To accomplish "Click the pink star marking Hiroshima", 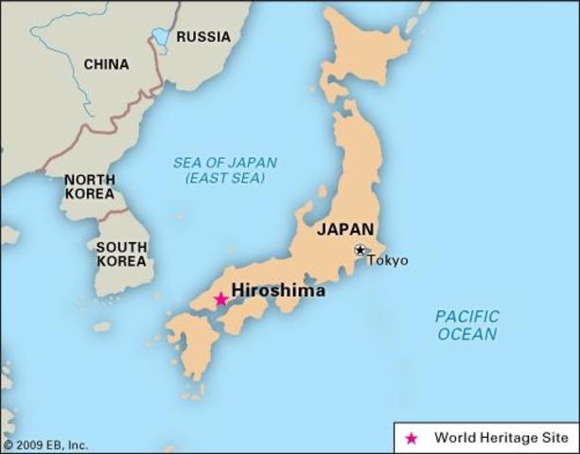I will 220,299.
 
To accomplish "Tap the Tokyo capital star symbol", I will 360,250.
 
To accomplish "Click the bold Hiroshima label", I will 278,291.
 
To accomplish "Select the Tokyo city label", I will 388,260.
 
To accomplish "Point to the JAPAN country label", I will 345,229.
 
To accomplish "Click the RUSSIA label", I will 203,37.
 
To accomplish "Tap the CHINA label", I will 107,64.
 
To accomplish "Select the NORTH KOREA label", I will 90,186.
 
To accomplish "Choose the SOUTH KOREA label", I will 121,254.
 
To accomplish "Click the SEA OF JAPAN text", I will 225,163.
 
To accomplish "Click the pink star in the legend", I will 411,438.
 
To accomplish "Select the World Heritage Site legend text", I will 501,438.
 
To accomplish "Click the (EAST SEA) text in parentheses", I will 225,179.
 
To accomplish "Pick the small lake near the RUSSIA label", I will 162,38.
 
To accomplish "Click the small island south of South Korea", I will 102,326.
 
